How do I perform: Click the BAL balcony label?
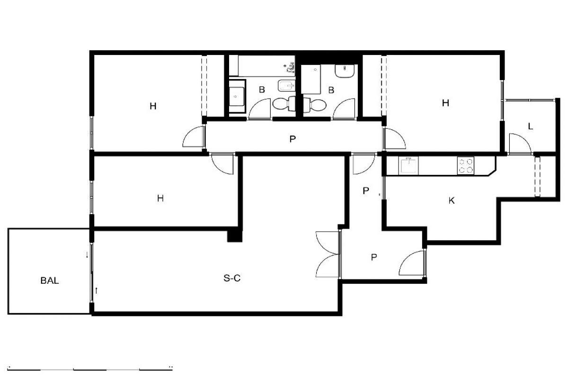coord(50,280)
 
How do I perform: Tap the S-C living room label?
coord(232,278)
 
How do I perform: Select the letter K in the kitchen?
coord(452,200)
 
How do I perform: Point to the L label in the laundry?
coord(531,126)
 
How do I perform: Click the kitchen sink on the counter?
coord(408,165)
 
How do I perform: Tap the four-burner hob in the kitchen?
coord(466,165)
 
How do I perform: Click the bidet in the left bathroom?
coord(286,86)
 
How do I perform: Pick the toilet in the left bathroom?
coord(284,104)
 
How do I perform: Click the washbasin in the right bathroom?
coord(345,71)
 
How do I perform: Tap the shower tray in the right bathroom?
coord(311,79)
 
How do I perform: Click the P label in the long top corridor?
coord(293,139)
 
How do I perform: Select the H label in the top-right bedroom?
coord(445,103)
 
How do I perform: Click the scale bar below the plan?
coord(90,369)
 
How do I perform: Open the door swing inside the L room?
coord(520,144)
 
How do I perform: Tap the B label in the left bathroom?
coord(262,90)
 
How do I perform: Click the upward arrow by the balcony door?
coord(97,291)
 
